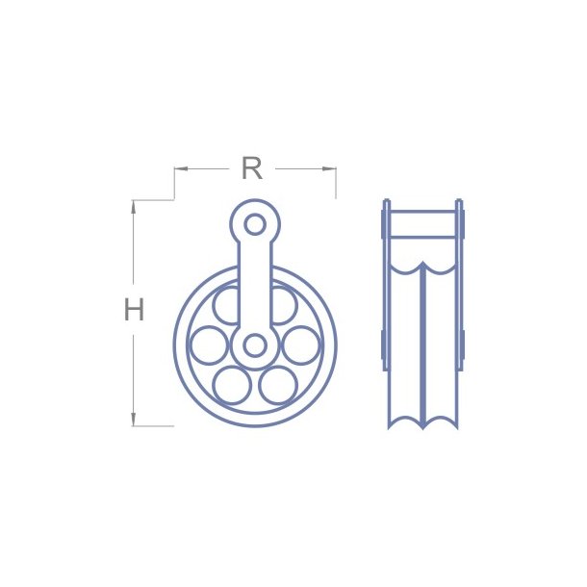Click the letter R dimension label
(251, 168)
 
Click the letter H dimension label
(134, 310)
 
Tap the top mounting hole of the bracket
(255, 224)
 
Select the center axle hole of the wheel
(255, 345)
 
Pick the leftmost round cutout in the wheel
(209, 345)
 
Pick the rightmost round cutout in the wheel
(301, 345)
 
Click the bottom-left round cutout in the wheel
(232, 385)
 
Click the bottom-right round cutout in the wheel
(278, 385)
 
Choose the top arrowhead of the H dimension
(134, 204)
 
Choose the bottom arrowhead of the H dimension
(134, 421)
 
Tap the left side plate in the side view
(386, 289)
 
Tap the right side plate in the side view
(460, 289)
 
